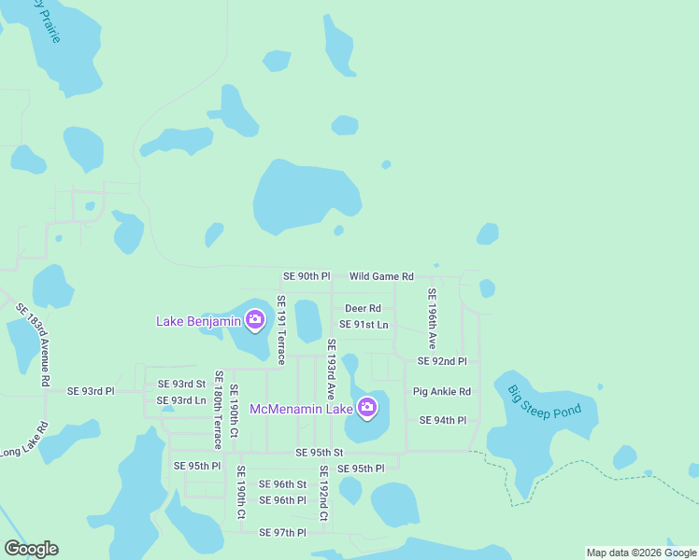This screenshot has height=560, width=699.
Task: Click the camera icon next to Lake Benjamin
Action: point(254,322)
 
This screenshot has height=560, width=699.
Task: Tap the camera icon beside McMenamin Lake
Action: point(367,407)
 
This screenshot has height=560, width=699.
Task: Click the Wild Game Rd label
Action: point(381,276)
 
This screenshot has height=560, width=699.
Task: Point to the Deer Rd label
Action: point(363,308)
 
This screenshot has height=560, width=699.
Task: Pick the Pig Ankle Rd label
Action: point(442,391)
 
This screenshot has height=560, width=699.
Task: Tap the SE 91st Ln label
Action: point(364,324)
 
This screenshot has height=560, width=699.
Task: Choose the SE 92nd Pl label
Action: point(442,361)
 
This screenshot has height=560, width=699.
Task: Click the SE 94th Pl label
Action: point(443,420)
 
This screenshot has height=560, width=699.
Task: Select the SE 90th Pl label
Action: point(307,276)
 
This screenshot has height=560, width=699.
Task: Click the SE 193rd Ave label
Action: point(331,371)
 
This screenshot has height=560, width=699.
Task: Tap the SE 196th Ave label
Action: point(432,319)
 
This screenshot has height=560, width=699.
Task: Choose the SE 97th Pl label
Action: point(283,532)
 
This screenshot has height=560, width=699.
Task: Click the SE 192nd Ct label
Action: point(323,493)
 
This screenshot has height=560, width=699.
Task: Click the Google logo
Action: point(31,549)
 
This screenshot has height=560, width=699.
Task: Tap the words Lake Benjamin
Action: point(199,322)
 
